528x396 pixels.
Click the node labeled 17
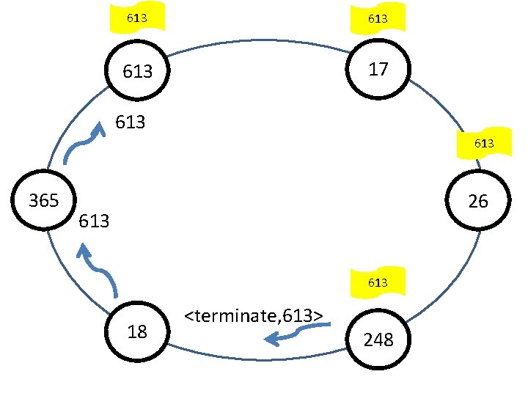(378, 70)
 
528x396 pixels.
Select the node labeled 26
(477, 200)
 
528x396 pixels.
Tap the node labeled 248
(378, 340)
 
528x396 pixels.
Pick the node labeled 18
(137, 331)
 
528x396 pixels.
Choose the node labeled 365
(43, 200)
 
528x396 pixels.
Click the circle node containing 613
(138, 72)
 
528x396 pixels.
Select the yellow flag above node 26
(484, 144)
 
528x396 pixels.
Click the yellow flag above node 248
(378, 282)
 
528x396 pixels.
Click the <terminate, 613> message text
(254, 316)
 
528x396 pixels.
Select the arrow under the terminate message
(293, 335)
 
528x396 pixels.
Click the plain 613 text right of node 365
(93, 220)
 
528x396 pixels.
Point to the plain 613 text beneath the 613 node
(131, 122)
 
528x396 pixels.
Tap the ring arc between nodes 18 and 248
(257, 359)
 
